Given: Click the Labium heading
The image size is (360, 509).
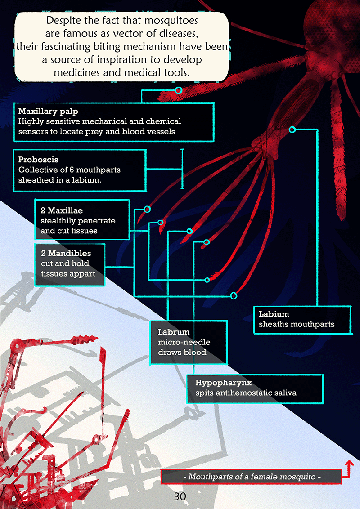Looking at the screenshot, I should [274, 314].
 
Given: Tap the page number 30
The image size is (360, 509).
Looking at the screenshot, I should [180, 496].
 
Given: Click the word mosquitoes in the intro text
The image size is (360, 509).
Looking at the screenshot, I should [170, 21].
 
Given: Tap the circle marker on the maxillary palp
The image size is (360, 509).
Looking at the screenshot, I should [179, 91].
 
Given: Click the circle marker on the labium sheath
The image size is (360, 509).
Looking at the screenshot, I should [292, 129].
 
